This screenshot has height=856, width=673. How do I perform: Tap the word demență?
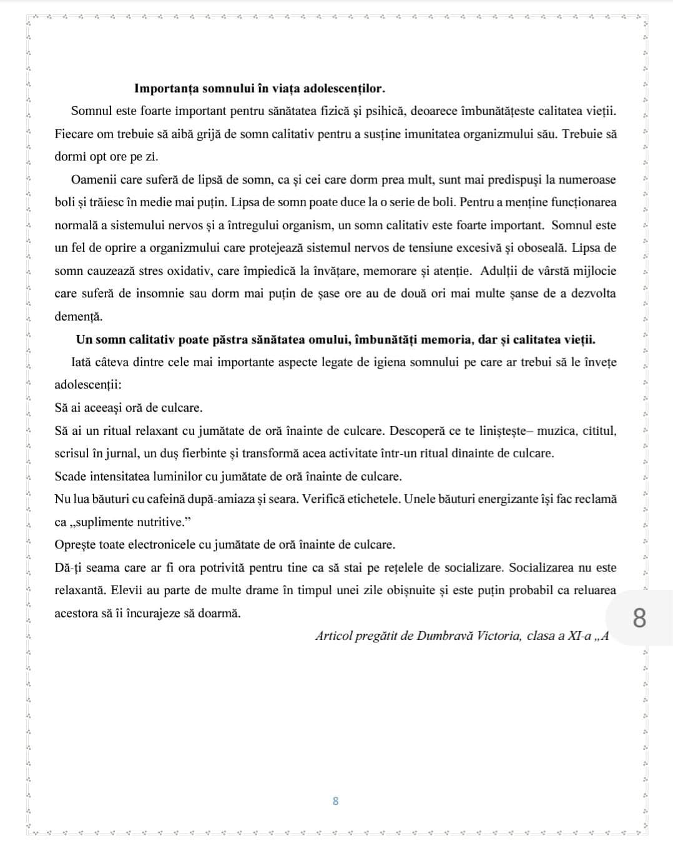tap(78, 316)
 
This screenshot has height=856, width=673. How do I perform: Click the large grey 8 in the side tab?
tap(639, 619)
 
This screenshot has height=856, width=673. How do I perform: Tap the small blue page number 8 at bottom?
tap(335, 800)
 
